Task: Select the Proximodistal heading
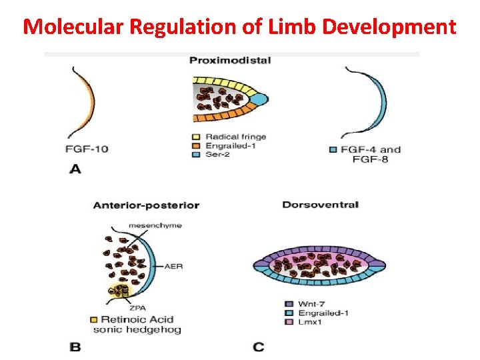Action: [x=230, y=61]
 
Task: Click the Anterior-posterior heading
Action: [x=146, y=205]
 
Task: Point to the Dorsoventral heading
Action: [x=320, y=205]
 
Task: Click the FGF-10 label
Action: [x=86, y=149]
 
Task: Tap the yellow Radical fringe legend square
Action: [x=196, y=137]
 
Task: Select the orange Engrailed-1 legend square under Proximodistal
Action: [x=196, y=145]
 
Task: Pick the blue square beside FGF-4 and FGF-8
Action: [x=333, y=149]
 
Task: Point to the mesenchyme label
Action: [x=156, y=225]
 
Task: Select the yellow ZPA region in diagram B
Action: [x=120, y=291]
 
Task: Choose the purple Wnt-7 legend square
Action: [x=287, y=304]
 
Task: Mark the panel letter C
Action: [x=259, y=347]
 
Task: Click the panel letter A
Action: [x=75, y=169]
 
